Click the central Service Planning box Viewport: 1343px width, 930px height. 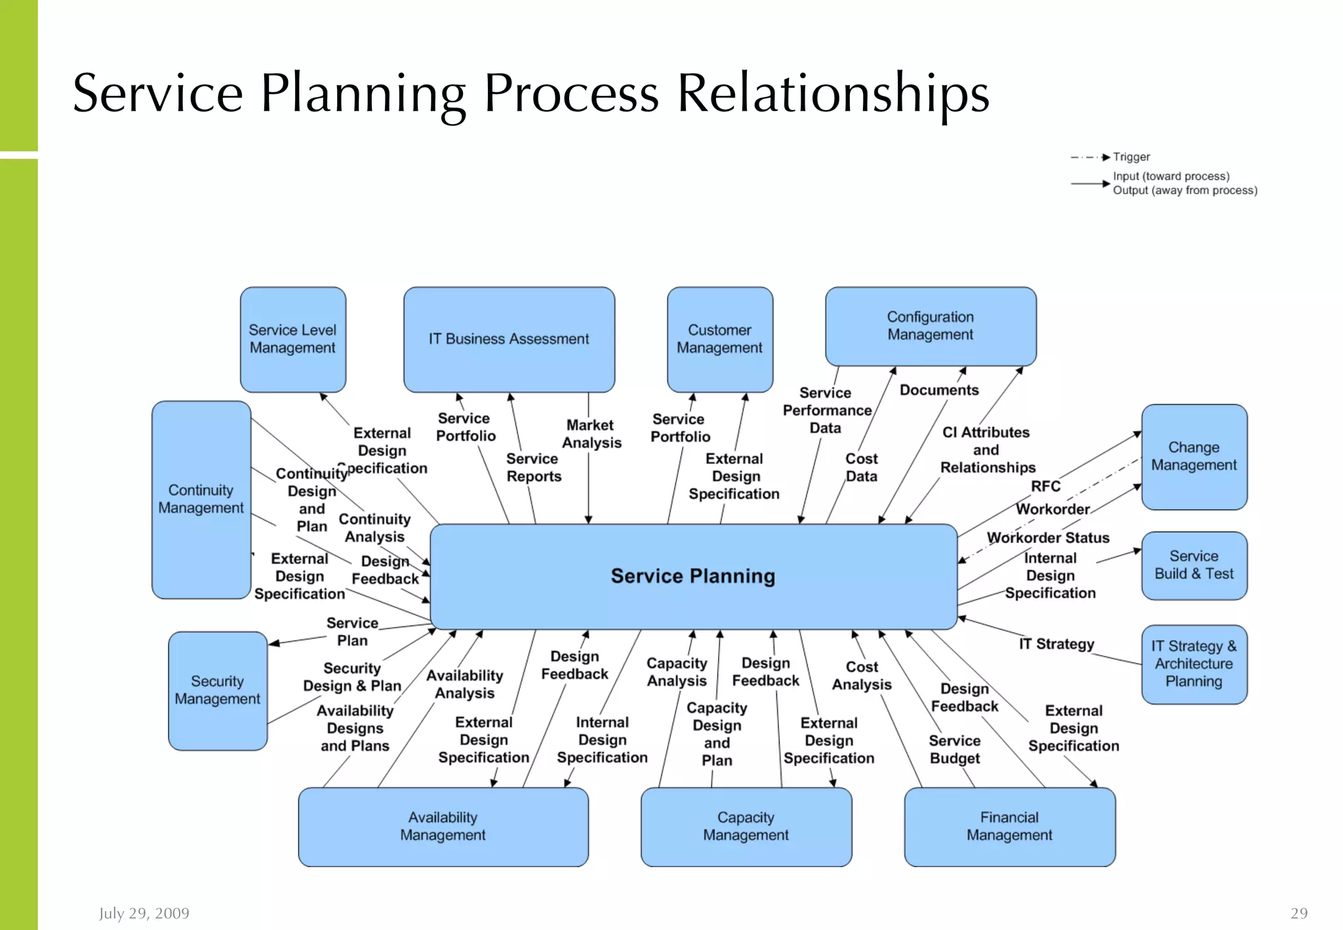click(693, 576)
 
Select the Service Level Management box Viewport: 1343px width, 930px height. click(292, 339)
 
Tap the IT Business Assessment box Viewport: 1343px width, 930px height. click(509, 339)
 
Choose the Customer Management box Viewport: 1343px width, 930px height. click(719, 339)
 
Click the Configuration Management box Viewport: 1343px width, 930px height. click(930, 326)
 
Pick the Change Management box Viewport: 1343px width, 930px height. click(1193, 456)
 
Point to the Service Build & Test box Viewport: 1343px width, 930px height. click(1193, 565)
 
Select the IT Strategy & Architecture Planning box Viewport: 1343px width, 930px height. click(1193, 664)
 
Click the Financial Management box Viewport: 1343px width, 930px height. click(1009, 826)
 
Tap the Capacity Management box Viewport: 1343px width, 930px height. click(746, 826)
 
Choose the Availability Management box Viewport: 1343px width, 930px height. click(443, 826)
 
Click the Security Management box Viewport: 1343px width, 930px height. click(217, 691)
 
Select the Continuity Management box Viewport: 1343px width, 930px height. click(201, 499)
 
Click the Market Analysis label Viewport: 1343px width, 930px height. click(591, 434)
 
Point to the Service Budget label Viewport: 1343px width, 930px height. click(955, 750)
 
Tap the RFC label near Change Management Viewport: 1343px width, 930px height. click(1045, 487)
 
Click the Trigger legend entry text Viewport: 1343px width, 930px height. click(1131, 157)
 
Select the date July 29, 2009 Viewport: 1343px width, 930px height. click(144, 914)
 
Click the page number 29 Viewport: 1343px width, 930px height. click(1298, 914)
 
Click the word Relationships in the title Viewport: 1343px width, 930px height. click(833, 94)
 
